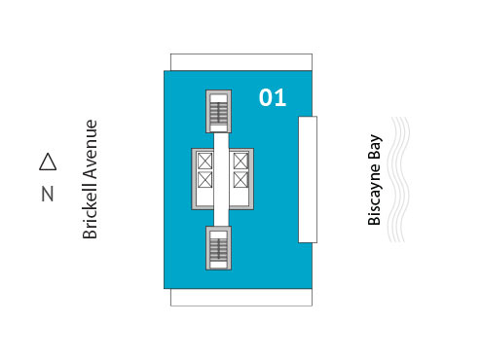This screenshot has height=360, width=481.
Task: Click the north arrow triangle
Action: click(x=47, y=162)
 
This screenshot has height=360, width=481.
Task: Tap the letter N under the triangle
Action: click(x=47, y=194)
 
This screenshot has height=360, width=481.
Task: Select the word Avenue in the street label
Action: click(x=91, y=149)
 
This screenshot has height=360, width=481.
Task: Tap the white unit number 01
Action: click(x=273, y=97)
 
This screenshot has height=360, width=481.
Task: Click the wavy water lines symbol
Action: click(x=400, y=180)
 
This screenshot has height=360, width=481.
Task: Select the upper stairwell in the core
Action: click(x=219, y=111)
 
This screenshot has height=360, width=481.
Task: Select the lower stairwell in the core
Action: click(x=219, y=248)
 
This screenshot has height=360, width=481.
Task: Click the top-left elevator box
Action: click(x=205, y=161)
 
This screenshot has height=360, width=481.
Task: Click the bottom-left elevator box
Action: click(x=205, y=179)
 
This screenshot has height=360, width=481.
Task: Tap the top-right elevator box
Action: click(x=240, y=161)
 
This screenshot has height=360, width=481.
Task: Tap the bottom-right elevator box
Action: click(x=240, y=179)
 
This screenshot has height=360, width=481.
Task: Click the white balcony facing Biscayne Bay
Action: click(x=308, y=179)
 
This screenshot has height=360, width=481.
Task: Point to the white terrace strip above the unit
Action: click(x=241, y=61)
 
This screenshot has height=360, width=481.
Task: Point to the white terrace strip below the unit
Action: click(x=241, y=297)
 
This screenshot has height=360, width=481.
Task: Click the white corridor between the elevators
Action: click(x=222, y=179)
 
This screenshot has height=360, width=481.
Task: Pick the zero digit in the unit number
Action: click(x=266, y=97)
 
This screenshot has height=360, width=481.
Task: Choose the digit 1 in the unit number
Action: click(x=280, y=97)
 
